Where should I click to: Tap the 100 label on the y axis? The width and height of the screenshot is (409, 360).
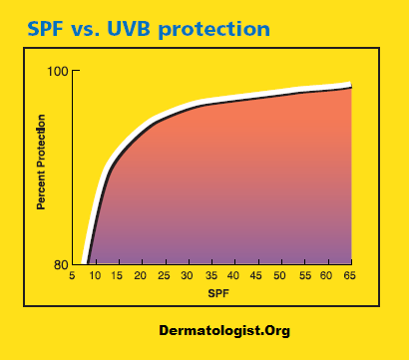(56, 72)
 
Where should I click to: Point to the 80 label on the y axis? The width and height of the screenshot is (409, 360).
(59, 264)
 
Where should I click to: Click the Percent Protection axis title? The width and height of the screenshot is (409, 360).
(42, 162)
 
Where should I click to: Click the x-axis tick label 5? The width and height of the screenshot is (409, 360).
(72, 276)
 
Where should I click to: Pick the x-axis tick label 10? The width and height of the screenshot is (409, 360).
(95, 276)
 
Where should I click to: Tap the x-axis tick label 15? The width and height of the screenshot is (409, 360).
(118, 276)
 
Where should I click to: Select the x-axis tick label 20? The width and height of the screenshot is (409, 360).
(142, 276)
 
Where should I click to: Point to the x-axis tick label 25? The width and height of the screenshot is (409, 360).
(165, 276)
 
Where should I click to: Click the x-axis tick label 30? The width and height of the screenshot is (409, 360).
(188, 276)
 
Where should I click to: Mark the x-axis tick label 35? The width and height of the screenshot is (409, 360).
(210, 276)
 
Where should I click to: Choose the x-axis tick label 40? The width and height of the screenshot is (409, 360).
(233, 276)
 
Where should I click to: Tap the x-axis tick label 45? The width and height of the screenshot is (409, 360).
(257, 276)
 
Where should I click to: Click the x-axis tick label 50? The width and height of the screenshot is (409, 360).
(280, 276)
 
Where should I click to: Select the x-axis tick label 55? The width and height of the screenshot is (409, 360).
(303, 276)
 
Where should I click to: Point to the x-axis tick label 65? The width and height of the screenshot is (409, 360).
(349, 276)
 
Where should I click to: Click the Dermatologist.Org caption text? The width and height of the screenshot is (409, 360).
(224, 330)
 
